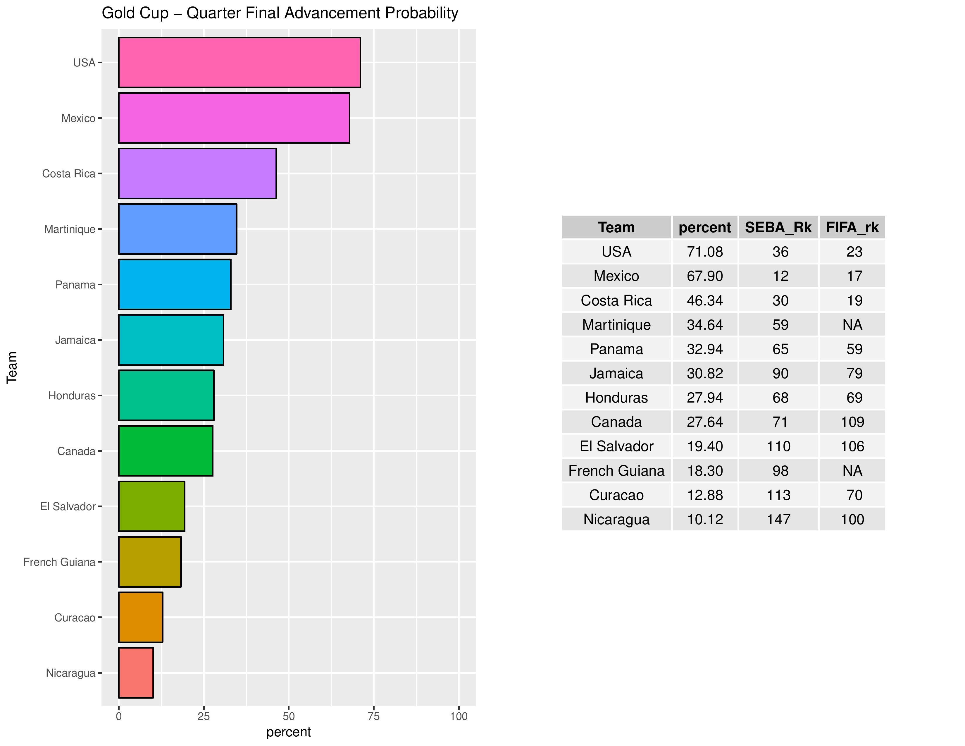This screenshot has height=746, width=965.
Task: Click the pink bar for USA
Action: click(x=239, y=63)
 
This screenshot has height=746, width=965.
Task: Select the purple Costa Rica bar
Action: click(x=197, y=174)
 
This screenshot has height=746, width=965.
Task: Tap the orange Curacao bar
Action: click(x=140, y=617)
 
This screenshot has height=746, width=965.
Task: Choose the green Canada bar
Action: click(x=165, y=451)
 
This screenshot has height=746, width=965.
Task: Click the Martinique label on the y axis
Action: click(x=70, y=229)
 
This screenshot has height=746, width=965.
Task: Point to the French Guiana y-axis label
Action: click(x=59, y=562)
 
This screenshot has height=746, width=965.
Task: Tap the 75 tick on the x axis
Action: click(x=374, y=716)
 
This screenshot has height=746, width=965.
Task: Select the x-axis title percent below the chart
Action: click(x=289, y=732)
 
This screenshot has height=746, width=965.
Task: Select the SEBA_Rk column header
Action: click(x=778, y=227)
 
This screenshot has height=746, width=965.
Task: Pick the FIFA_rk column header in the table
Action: click(x=852, y=227)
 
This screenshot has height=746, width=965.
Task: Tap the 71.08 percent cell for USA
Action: click(x=705, y=252)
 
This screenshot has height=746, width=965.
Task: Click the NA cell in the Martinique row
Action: click(x=852, y=325)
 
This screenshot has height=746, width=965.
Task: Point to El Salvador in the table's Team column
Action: click(x=616, y=446)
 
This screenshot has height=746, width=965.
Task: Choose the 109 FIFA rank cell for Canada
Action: click(x=852, y=422)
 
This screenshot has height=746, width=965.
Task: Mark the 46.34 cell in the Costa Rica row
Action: click(x=705, y=300)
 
